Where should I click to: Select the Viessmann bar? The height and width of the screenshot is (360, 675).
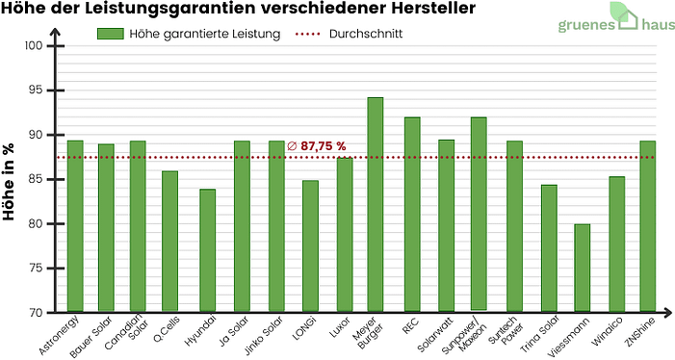[582, 269]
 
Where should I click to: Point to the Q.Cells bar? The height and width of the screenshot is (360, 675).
[169, 242]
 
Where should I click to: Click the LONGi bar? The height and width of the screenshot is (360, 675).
[310, 246]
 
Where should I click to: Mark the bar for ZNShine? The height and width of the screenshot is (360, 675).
[648, 226]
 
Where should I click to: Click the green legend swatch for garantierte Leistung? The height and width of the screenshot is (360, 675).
[111, 33]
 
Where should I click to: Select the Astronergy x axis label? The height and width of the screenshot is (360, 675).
[66, 331]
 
